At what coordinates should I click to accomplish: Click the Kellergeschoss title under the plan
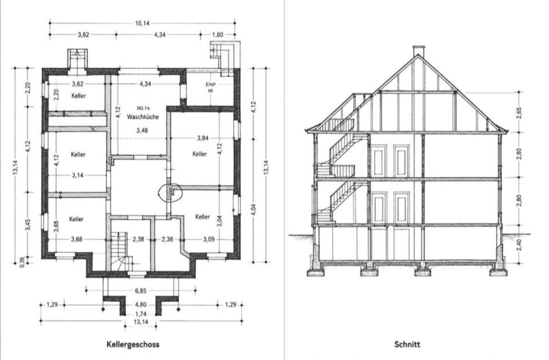[133, 344]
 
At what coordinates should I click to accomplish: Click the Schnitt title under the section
[407, 344]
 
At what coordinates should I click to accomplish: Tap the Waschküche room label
[143, 117]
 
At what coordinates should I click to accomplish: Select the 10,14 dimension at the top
[142, 23]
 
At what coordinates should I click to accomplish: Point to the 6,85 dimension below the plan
[141, 291]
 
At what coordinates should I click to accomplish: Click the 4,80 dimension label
[141, 305]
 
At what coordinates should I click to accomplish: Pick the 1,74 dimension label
[141, 314]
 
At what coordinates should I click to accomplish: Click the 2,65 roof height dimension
[519, 113]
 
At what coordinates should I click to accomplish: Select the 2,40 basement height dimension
[519, 245]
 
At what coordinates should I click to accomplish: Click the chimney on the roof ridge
[418, 51]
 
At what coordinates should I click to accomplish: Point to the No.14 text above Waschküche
[144, 108]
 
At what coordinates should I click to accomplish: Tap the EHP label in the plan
[211, 84]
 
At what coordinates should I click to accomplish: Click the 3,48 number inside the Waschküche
[142, 130]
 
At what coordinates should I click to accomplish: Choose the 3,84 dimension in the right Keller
[202, 138]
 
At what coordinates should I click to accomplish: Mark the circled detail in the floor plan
[159, 193]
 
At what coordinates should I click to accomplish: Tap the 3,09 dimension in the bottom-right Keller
[209, 239]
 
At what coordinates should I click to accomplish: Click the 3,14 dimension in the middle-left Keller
[77, 175]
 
